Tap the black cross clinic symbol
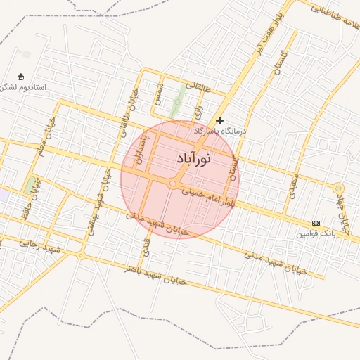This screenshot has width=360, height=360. pos(220,120)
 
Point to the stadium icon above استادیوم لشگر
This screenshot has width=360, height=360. pos(21,77)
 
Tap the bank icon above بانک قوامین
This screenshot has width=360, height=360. pos(316,222)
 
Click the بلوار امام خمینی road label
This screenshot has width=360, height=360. pos(207,197)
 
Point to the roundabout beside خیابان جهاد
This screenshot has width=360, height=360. pos(338,188)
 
